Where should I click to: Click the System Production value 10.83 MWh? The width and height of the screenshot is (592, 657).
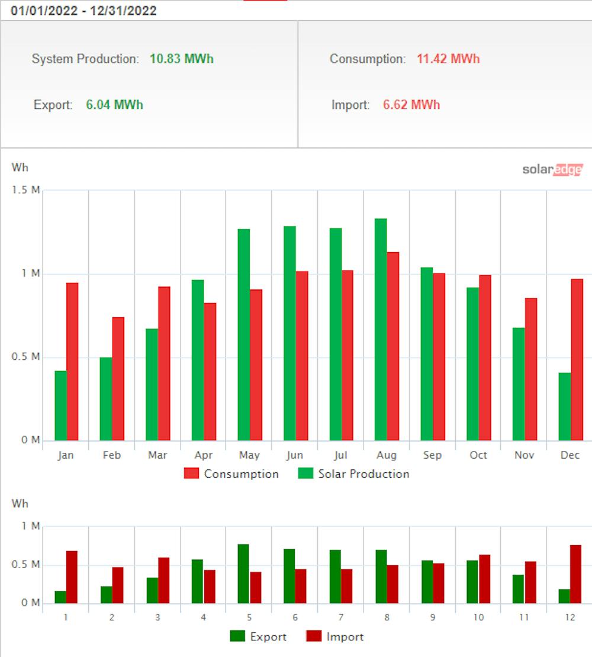(181, 59)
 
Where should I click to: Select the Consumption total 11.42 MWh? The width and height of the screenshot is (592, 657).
(448, 59)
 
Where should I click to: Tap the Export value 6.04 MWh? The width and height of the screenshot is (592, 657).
(114, 105)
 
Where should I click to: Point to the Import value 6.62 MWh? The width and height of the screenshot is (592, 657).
(411, 105)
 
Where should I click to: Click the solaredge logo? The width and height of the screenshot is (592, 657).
(552, 169)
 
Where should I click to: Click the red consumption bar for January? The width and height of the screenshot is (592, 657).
(73, 362)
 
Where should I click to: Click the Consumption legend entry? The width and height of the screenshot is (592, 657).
(231, 474)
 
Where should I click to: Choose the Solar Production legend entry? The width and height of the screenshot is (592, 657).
(354, 474)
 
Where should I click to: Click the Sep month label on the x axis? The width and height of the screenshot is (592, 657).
(432, 455)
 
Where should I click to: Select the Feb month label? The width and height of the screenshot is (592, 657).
(111, 455)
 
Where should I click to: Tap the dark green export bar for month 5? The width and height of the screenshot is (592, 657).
(243, 574)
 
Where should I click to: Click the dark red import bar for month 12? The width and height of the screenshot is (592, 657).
(576, 574)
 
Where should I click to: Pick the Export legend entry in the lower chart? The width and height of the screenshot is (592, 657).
(259, 637)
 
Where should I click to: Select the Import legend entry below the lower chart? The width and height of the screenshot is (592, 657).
(334, 637)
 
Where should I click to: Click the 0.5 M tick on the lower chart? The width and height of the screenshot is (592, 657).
(28, 565)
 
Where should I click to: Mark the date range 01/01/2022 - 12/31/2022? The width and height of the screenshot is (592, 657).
(83, 11)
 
